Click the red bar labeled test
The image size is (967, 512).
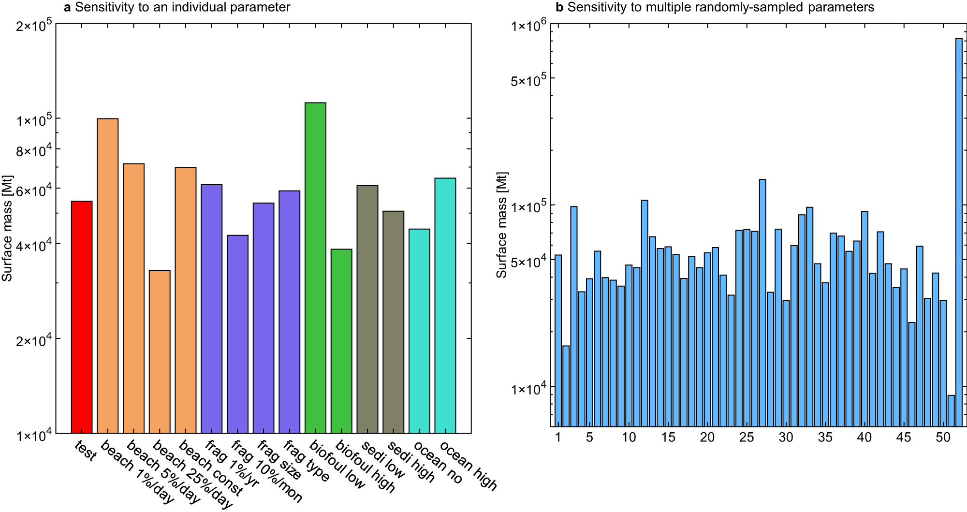tap(82, 317)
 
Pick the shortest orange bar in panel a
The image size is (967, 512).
tap(160, 351)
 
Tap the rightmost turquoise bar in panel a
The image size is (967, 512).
tap(445, 305)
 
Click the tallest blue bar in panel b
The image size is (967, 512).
tap(959, 232)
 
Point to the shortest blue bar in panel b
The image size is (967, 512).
tap(951, 410)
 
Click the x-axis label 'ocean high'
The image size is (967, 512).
tap(468, 466)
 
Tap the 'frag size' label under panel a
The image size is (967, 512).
tap(279, 460)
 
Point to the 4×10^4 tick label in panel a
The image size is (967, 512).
tap(34, 246)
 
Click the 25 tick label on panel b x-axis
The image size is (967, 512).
tap(747, 438)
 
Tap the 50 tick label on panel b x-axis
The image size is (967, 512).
tap(943, 438)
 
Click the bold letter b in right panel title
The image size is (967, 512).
tap(559, 7)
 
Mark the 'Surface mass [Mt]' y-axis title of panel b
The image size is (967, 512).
tap(502, 225)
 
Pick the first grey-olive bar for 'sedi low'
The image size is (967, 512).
tap(367, 309)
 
